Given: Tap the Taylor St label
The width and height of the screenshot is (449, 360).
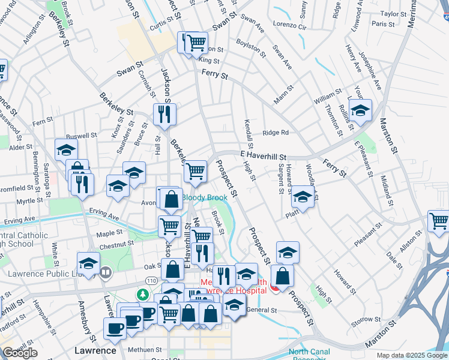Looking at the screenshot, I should pyautogui.click(x=394, y=13).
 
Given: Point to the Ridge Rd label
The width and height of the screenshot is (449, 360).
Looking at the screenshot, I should pyautogui.click(x=276, y=133).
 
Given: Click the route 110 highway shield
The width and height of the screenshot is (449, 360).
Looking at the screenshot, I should pyautogui.click(x=151, y=281).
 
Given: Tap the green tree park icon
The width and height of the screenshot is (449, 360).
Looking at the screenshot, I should pyautogui.click(x=143, y=295).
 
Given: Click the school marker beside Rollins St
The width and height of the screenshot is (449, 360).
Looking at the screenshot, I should pyautogui.click(x=360, y=111).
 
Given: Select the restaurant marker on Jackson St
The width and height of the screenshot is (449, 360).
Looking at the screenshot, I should pyautogui.click(x=164, y=113).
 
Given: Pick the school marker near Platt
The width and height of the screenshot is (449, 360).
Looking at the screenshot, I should pyautogui.click(x=302, y=197).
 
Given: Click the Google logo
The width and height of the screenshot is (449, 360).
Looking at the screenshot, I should pyautogui.click(x=20, y=353).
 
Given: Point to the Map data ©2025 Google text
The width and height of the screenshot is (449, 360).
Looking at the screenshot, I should pyautogui.click(x=412, y=355).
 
